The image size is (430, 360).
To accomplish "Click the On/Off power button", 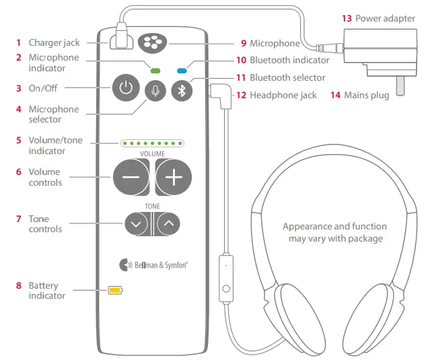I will (x=126, y=88).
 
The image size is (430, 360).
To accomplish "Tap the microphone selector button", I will (x=155, y=91).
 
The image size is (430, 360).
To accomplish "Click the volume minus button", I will (x=131, y=177).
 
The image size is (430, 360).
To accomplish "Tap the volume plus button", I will (x=174, y=177).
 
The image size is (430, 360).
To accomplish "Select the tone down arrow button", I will (x=137, y=223).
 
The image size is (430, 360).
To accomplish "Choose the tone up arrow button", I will (x=168, y=223).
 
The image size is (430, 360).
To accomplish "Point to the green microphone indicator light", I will (x=155, y=69).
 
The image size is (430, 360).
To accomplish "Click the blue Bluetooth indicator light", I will (x=182, y=69).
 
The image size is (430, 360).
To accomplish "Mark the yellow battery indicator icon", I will (x=116, y=291).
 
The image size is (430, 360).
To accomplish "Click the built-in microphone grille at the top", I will (x=151, y=43).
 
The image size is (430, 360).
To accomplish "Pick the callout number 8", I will (x=19, y=286).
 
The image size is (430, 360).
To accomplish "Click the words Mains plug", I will (x=366, y=96).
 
